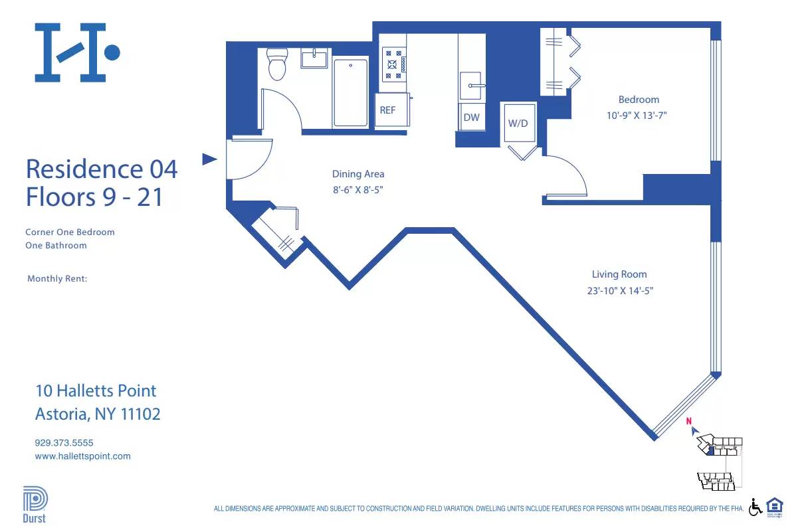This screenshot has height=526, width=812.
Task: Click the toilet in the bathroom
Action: click(x=276, y=64)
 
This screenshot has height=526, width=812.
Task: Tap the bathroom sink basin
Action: click(x=314, y=59)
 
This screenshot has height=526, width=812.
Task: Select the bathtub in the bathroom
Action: click(x=350, y=93)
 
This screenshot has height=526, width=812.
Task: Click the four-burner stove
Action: click(x=393, y=64)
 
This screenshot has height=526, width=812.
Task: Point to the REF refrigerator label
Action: click(x=387, y=110)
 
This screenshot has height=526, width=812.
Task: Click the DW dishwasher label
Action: click(x=471, y=118)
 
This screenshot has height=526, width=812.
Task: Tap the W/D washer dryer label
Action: click(x=518, y=123)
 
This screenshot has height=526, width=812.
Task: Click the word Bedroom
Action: click(x=639, y=100)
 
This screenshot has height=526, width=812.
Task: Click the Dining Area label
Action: click(x=358, y=174)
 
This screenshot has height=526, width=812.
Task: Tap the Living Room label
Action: click(x=619, y=274)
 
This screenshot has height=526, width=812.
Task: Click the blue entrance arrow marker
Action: click(x=209, y=159)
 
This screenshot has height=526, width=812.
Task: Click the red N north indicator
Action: click(x=689, y=420)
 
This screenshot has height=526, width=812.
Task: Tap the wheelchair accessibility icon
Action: click(x=756, y=507)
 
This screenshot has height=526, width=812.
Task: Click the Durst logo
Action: click(x=35, y=505)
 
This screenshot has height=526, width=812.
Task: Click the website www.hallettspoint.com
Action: click(x=82, y=456)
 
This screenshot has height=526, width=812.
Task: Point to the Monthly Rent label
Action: click(x=57, y=279)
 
